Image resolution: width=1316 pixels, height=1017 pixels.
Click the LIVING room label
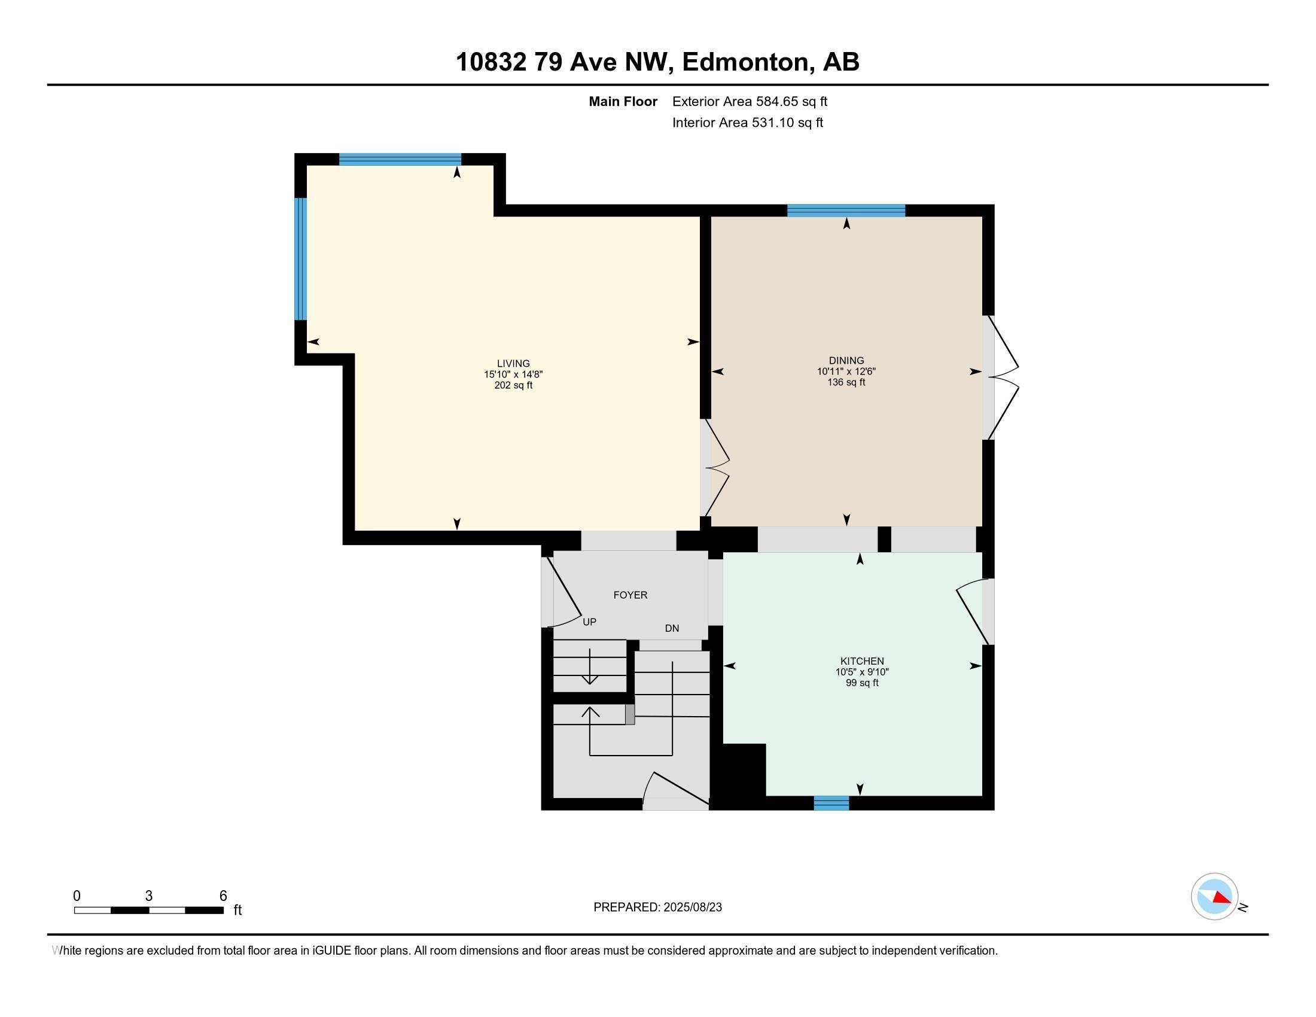(x=513, y=363)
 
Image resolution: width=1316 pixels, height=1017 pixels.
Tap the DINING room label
(x=846, y=361)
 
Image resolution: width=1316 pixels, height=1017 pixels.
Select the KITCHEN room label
(x=861, y=661)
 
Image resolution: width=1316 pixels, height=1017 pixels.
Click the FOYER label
(x=630, y=595)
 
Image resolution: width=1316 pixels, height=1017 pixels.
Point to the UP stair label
(x=589, y=622)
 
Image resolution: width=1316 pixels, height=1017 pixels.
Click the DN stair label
(x=672, y=628)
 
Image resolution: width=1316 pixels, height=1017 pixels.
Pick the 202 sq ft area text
(x=513, y=386)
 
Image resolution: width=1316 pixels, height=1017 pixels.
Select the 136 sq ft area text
(x=846, y=383)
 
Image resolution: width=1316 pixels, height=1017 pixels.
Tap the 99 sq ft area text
(x=861, y=683)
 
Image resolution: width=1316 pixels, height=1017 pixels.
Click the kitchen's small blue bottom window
(x=831, y=803)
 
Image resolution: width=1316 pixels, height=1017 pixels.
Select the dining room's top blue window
(x=846, y=210)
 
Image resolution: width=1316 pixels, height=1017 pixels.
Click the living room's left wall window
(x=300, y=258)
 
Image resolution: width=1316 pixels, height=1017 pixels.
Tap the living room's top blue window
(x=400, y=159)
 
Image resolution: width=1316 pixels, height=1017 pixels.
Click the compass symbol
(x=1215, y=897)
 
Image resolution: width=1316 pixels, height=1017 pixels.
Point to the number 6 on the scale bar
(x=223, y=896)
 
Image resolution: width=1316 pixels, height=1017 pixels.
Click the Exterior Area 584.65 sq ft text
(x=750, y=101)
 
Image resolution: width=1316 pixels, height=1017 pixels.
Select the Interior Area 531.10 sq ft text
(x=747, y=123)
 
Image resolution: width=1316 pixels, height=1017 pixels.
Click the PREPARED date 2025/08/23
(x=691, y=908)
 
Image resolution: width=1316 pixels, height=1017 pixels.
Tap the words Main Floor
(x=623, y=101)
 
